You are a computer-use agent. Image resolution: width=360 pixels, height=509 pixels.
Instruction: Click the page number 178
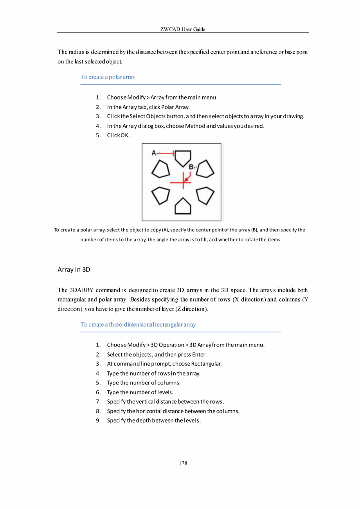[183, 463]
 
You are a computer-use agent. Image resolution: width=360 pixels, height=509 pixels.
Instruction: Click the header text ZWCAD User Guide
[183, 29]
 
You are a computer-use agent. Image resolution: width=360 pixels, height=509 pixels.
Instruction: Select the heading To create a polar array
[108, 77]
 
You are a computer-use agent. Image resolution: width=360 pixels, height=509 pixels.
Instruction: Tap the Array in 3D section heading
[75, 270]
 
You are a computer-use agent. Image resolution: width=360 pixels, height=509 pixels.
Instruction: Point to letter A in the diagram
[153, 153]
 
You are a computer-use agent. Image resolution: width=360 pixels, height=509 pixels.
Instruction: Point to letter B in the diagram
[191, 167]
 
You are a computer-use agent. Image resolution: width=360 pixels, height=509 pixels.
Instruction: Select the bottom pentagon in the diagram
[183, 206]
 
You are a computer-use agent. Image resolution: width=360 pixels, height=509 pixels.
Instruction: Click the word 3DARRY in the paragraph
[80, 291]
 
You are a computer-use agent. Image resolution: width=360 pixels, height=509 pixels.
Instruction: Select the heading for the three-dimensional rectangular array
[138, 325]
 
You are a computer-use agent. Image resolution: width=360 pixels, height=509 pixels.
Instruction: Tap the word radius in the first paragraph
[76, 52]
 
